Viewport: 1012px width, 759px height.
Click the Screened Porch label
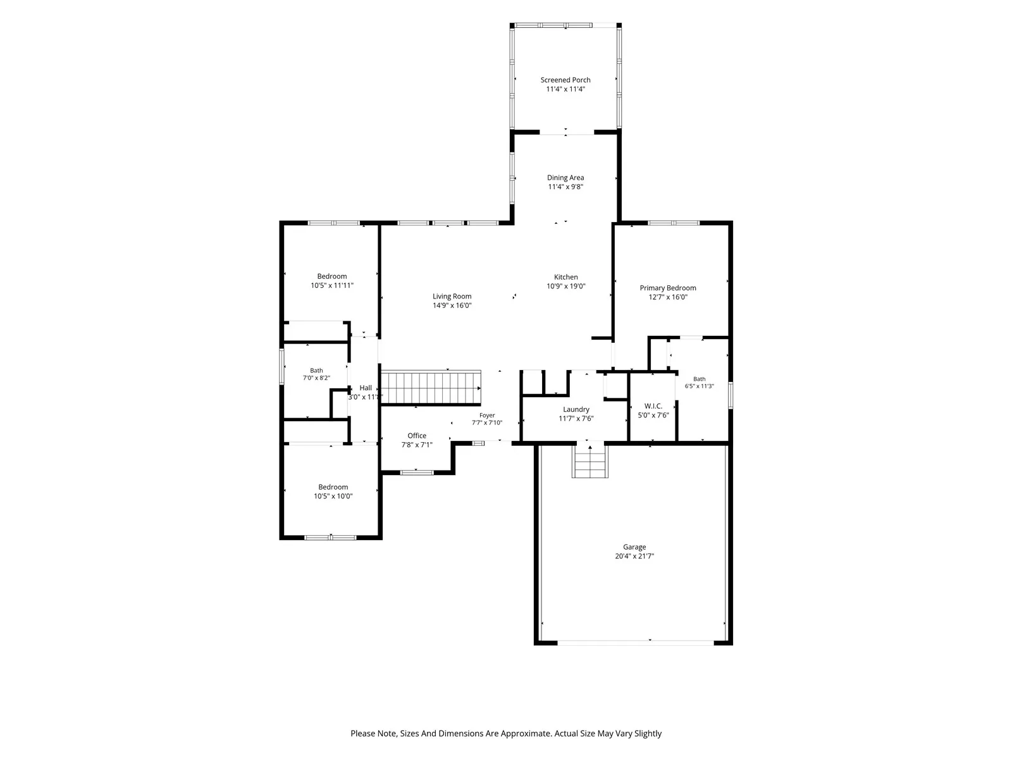pyautogui.click(x=565, y=80)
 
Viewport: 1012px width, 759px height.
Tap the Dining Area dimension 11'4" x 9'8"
pyautogui.click(x=565, y=187)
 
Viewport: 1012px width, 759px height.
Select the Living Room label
pyautogui.click(x=452, y=296)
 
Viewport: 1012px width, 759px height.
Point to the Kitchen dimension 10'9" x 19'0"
pyautogui.click(x=565, y=286)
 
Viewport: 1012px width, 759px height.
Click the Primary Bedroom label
pyautogui.click(x=667, y=288)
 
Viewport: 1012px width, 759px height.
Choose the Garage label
pyautogui.click(x=634, y=547)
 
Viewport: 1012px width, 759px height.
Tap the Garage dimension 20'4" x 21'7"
pyautogui.click(x=634, y=556)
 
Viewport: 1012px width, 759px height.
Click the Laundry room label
pyautogui.click(x=576, y=410)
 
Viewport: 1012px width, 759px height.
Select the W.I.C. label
pyautogui.click(x=653, y=406)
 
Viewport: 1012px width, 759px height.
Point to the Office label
pyautogui.click(x=417, y=436)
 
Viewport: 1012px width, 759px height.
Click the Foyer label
pyautogui.click(x=487, y=415)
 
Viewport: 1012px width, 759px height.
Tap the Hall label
pyautogui.click(x=366, y=388)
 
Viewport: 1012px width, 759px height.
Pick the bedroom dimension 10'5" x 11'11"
pyautogui.click(x=332, y=286)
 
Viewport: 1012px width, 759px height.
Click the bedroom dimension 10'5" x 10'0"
pyautogui.click(x=333, y=497)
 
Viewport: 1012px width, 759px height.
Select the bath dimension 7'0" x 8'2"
pyautogui.click(x=316, y=378)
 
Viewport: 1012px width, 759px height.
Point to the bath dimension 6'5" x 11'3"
pyautogui.click(x=700, y=386)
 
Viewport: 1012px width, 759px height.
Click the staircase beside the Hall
pyautogui.click(x=431, y=388)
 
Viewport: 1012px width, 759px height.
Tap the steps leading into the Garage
pyautogui.click(x=590, y=462)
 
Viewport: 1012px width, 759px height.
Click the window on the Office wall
pyautogui.click(x=416, y=472)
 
